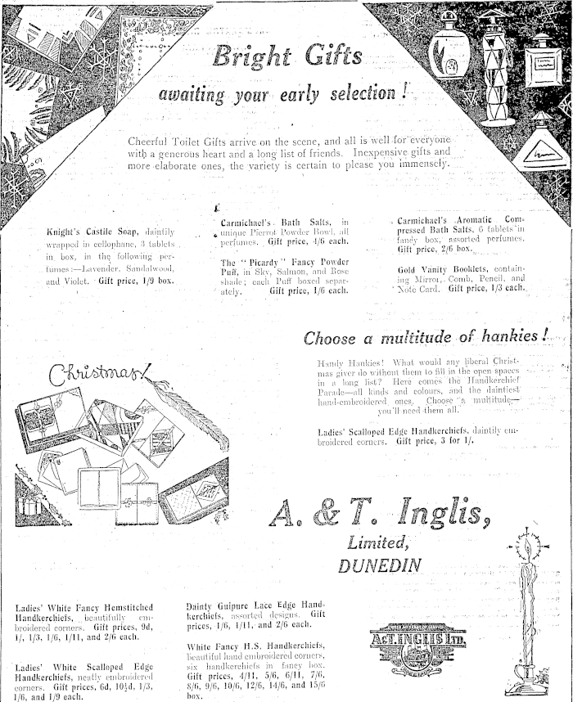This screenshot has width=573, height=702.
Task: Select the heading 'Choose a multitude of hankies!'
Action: click(x=426, y=337)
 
